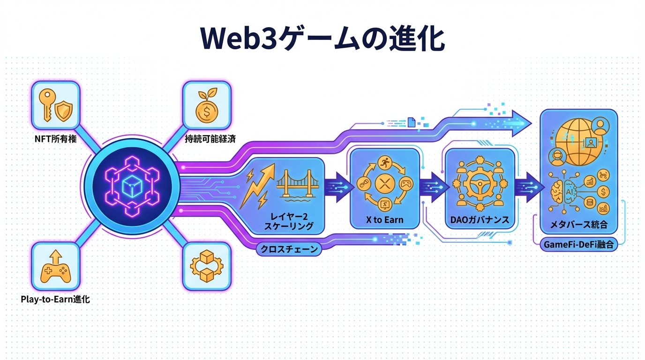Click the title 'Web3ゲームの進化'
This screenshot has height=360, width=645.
point(322,38)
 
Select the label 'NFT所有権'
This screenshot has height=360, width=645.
point(55,139)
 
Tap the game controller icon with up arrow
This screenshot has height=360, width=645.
point(55,266)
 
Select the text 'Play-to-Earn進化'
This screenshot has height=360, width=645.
point(55,299)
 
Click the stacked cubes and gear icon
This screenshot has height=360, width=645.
point(207,266)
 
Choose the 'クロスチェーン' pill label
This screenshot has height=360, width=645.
point(289,249)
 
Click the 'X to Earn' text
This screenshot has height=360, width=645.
point(385,220)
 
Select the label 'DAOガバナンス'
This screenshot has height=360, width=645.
point(480,220)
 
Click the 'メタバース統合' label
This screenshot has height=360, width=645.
point(579,225)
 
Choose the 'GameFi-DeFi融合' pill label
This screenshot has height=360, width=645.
point(579,244)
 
